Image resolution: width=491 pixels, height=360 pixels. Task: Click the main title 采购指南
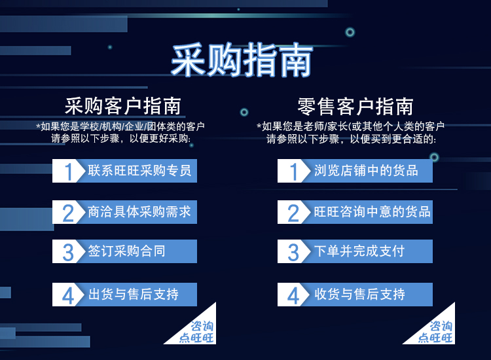(242, 60)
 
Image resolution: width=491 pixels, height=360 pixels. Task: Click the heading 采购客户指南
(123, 106)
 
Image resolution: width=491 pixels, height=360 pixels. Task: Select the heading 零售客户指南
(355, 107)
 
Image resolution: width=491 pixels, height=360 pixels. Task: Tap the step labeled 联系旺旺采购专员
(139, 171)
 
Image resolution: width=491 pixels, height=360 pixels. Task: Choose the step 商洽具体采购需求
(139, 212)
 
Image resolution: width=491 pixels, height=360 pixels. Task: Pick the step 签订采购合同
(126, 251)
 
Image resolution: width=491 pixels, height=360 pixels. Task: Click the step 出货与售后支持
(134, 295)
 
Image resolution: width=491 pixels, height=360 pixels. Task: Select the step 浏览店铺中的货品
(366, 171)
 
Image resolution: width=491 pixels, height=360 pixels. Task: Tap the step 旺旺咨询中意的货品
(372, 212)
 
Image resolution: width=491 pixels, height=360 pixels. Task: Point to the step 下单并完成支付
(359, 251)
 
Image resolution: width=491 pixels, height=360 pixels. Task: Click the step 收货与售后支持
(359, 295)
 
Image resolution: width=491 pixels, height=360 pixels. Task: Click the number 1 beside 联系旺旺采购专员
(68, 171)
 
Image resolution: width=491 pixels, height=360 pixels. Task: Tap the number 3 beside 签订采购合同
(68, 252)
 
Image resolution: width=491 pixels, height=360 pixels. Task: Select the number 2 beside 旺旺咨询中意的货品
(293, 213)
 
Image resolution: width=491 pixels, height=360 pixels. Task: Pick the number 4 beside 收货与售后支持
(293, 296)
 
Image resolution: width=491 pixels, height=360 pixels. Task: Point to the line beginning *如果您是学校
(120, 126)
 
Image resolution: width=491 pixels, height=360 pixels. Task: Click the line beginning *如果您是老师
(350, 126)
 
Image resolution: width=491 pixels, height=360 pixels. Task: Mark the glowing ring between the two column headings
(244, 112)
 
